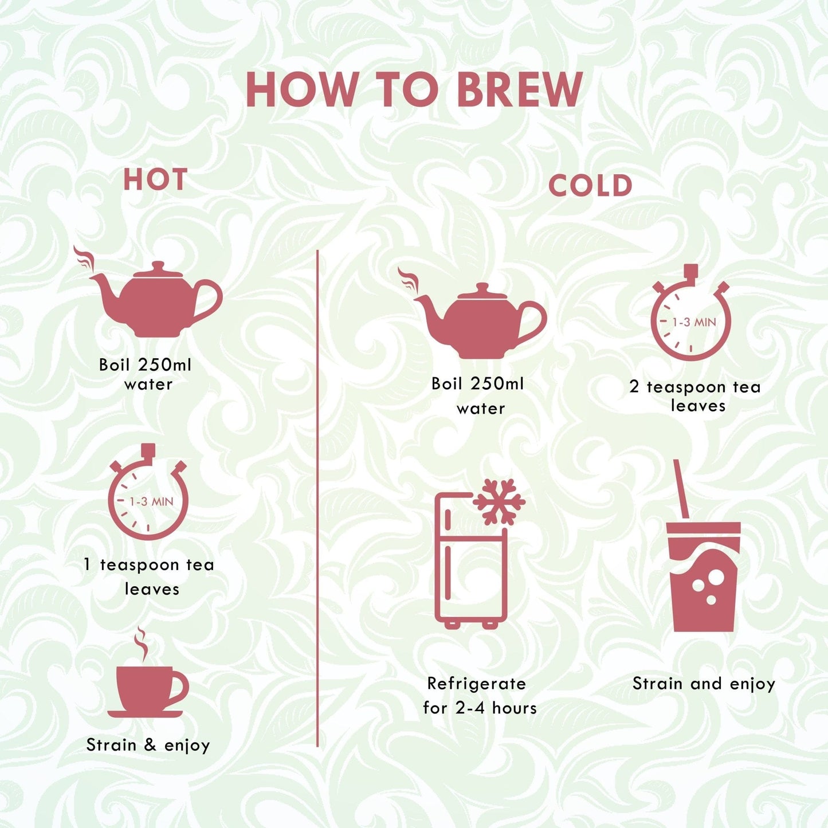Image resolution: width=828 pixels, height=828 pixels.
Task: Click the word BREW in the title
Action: pos(520,90)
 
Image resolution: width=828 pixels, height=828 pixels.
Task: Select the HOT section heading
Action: pos(155,179)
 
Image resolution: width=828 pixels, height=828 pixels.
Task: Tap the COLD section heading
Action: pos(590,186)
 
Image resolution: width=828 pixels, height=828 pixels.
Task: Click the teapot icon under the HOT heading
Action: pos(148,292)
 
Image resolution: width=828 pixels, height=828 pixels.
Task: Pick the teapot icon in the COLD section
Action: pos(473,313)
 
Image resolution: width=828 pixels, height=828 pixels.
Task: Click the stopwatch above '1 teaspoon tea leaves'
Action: pos(148,492)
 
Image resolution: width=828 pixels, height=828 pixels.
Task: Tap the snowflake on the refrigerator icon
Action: pos(499,502)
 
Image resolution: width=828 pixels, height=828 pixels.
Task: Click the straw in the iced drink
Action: pos(681,489)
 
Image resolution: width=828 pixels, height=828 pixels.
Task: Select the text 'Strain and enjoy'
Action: pos(704,684)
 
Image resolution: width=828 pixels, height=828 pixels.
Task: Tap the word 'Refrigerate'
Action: pos(477,684)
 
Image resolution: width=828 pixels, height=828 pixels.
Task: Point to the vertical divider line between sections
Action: pos(317,499)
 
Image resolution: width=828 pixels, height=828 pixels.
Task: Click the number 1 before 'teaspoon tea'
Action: pos(87,564)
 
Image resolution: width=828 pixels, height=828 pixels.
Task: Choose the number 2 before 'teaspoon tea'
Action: pos(634,387)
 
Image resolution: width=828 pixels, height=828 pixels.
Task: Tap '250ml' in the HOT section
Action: pos(165,365)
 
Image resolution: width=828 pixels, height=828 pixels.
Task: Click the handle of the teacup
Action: pos(177,687)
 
